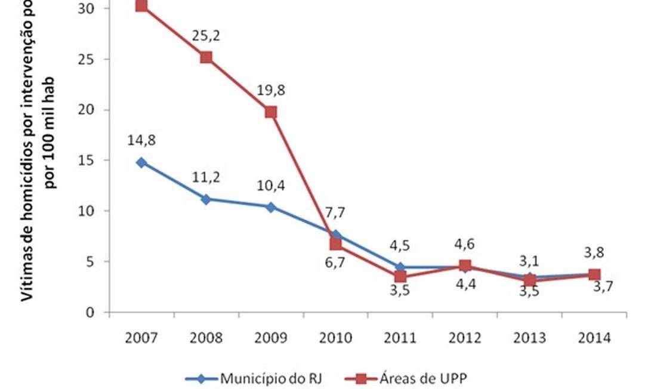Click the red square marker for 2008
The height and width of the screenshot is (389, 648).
[206, 57]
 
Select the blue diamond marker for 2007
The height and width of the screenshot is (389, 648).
[141, 162]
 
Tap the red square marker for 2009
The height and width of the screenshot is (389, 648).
[271, 112]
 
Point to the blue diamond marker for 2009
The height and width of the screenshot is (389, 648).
[271, 207]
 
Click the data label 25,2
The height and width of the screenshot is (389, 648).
[206, 36]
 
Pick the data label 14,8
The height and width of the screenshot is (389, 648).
[141, 141]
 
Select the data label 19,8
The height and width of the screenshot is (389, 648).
[271, 91]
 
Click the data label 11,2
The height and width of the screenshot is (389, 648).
[206, 178]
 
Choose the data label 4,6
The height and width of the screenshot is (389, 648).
[465, 244]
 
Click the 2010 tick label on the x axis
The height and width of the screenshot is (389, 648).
[335, 338]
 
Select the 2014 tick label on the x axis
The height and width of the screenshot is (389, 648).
[594, 338]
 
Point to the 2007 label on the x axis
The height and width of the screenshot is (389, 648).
[141, 338]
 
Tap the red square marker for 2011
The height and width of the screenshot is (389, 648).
[400, 276]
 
